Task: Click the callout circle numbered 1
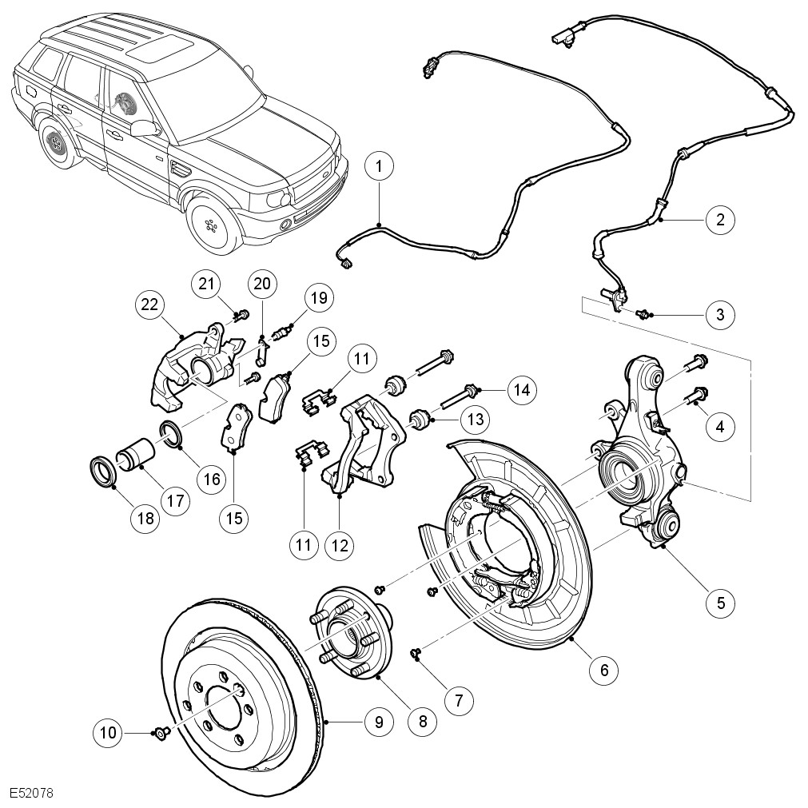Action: pyautogui.click(x=380, y=166)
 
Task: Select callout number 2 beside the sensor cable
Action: pyautogui.click(x=720, y=218)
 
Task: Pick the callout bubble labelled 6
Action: pyautogui.click(x=603, y=669)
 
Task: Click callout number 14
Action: pyautogui.click(x=522, y=390)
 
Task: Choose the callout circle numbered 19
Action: pyautogui.click(x=319, y=299)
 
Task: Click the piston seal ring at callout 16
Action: pyautogui.click(x=172, y=434)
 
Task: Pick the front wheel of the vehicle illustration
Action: pyautogui.click(x=212, y=222)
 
